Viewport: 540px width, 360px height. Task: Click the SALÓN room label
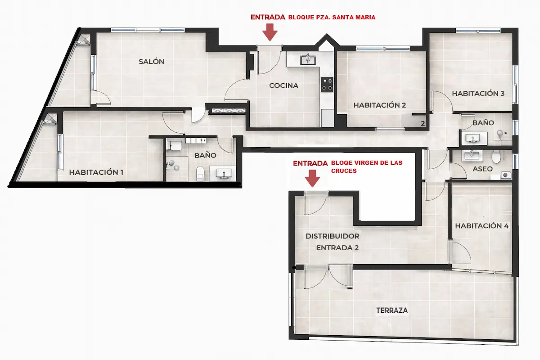click(151, 62)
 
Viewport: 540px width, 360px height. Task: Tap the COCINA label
click(283, 85)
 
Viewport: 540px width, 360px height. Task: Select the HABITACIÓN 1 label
click(96, 172)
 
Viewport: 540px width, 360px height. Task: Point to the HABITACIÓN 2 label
click(380, 105)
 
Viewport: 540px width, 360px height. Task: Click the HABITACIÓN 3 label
click(478, 94)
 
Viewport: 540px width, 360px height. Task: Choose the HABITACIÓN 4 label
click(481, 226)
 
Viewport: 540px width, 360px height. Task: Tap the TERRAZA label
click(392, 310)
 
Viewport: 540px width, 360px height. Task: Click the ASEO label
click(483, 169)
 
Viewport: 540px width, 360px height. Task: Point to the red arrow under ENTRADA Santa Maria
click(270, 32)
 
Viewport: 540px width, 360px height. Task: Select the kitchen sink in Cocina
click(309, 59)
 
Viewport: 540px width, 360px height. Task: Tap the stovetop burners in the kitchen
click(327, 84)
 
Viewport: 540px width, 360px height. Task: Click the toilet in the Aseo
click(496, 157)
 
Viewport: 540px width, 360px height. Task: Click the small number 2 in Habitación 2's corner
click(423, 123)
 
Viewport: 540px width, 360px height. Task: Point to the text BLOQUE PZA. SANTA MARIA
click(333, 18)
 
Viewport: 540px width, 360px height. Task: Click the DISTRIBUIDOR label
click(332, 236)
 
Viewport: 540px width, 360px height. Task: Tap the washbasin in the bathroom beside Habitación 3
click(472, 138)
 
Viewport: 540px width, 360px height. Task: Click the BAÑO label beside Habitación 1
click(205, 155)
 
